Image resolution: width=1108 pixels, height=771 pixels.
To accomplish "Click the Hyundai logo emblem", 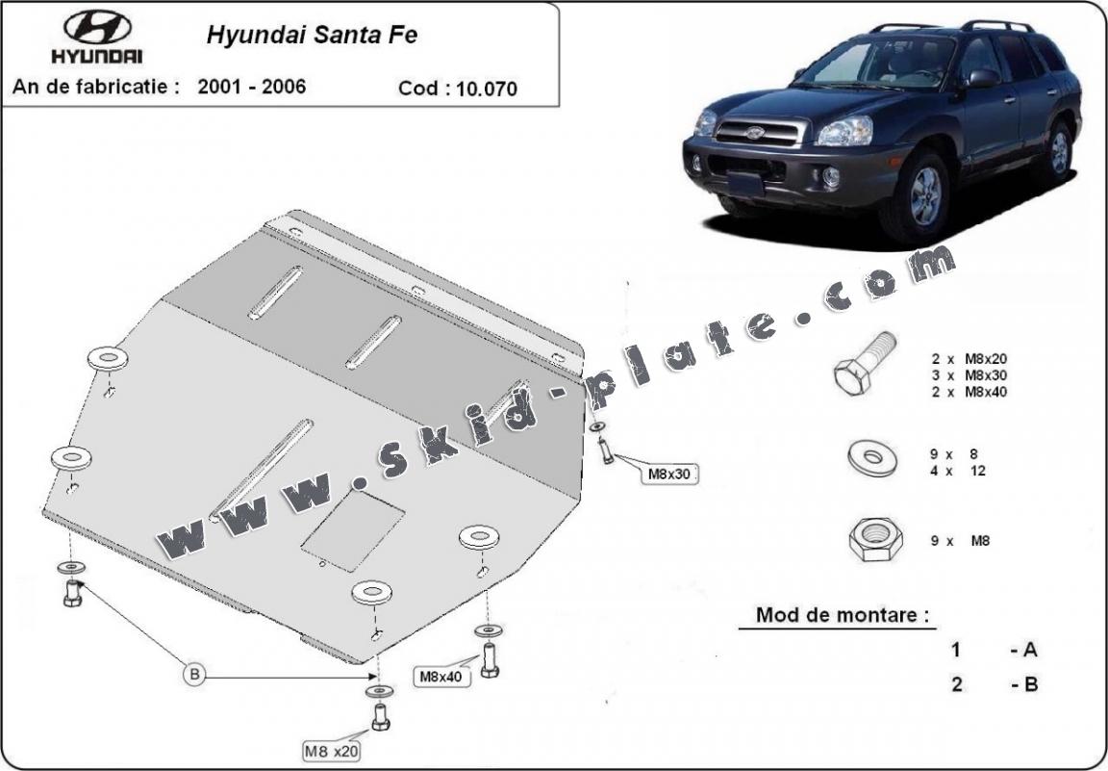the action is (97, 28).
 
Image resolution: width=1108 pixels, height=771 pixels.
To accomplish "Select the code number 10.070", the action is (487, 90).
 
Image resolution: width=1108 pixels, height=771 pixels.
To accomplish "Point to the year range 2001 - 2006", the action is (252, 87).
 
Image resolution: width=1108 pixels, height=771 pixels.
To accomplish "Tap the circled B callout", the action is (193, 674).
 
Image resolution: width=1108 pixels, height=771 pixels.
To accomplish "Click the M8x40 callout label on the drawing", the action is (441, 677).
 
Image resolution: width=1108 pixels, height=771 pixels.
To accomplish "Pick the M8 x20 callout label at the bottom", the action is (331, 751).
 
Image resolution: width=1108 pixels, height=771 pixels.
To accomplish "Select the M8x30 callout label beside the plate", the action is (669, 474).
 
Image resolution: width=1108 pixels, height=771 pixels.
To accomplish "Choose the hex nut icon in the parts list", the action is (875, 540).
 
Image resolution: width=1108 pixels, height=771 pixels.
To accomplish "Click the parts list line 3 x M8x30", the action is (969, 375).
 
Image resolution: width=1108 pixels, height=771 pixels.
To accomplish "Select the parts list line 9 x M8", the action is (960, 541).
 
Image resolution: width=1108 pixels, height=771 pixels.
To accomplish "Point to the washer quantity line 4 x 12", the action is (958, 471).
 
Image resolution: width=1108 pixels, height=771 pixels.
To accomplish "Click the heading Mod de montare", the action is (842, 615).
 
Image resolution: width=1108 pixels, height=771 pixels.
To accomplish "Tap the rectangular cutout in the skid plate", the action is (353, 530).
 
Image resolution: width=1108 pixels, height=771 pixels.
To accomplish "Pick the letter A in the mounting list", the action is (1029, 650).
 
